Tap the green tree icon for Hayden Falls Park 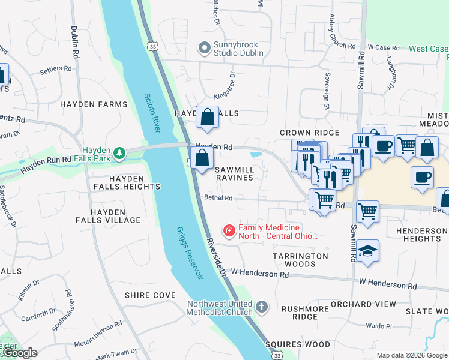(x=120, y=153)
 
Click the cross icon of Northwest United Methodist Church (x=261, y=307)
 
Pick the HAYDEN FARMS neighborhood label (x=85, y=104)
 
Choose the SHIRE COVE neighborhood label (x=150, y=295)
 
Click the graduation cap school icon (x=368, y=250)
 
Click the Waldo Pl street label (x=379, y=326)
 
